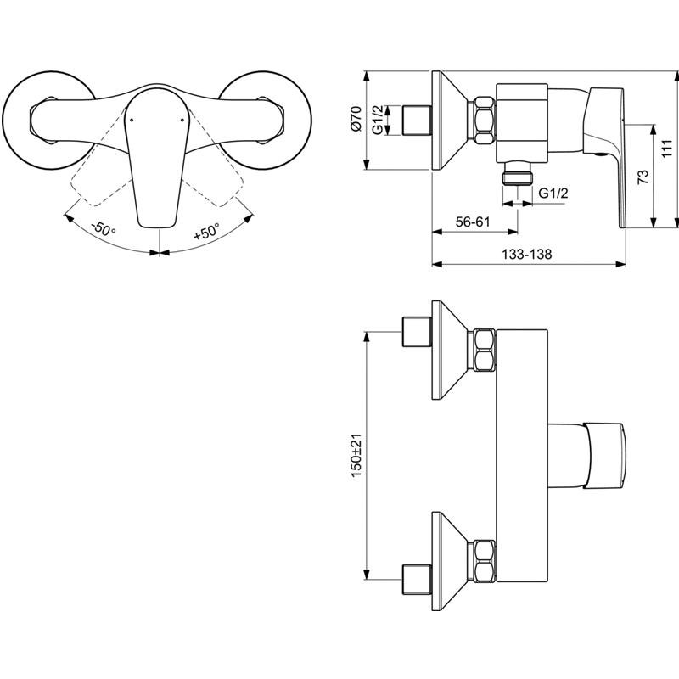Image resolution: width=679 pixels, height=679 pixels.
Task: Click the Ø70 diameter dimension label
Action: tap(356, 118)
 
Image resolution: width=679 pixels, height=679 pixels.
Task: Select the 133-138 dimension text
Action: tap(526, 254)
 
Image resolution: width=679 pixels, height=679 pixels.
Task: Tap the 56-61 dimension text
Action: tap(473, 222)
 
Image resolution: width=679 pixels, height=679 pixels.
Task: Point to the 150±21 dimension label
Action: tap(356, 455)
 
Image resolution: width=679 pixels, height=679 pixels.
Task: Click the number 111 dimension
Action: tap(667, 149)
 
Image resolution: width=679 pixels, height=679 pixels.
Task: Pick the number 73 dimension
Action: tap(643, 177)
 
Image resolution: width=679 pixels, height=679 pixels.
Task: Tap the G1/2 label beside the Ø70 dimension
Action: tap(378, 120)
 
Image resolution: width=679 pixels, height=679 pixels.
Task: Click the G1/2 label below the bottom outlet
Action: tap(553, 194)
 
